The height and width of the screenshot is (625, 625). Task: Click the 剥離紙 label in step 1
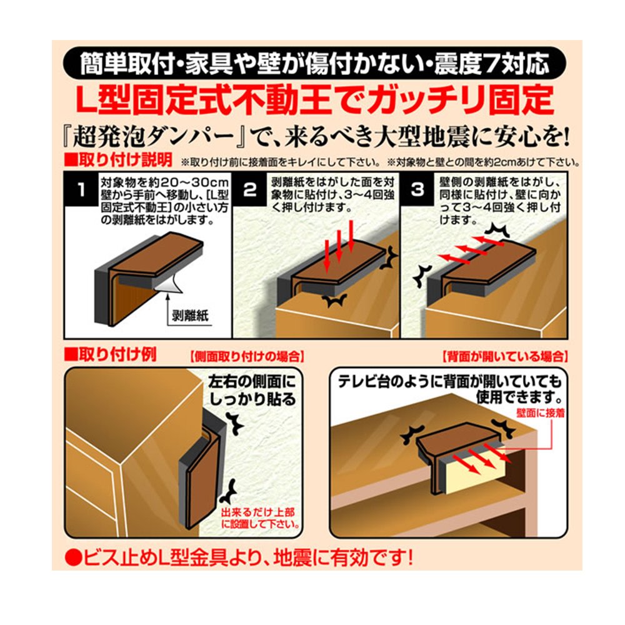pyautogui.click(x=190, y=316)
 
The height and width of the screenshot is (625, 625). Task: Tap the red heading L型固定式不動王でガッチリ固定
pyautogui.click(x=314, y=100)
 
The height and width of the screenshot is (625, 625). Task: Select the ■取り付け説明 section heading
pyautogui.click(x=118, y=160)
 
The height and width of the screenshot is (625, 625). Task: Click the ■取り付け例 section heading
pyautogui.click(x=111, y=354)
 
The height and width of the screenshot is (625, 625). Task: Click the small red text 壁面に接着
pyautogui.click(x=541, y=413)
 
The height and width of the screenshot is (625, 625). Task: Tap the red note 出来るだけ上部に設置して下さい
pyautogui.click(x=260, y=517)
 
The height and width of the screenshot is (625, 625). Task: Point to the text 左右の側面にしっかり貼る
pyautogui.click(x=252, y=390)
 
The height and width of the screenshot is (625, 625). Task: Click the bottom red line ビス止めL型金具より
pyautogui.click(x=238, y=557)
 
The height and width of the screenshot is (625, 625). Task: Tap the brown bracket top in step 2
pyautogui.click(x=337, y=259)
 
